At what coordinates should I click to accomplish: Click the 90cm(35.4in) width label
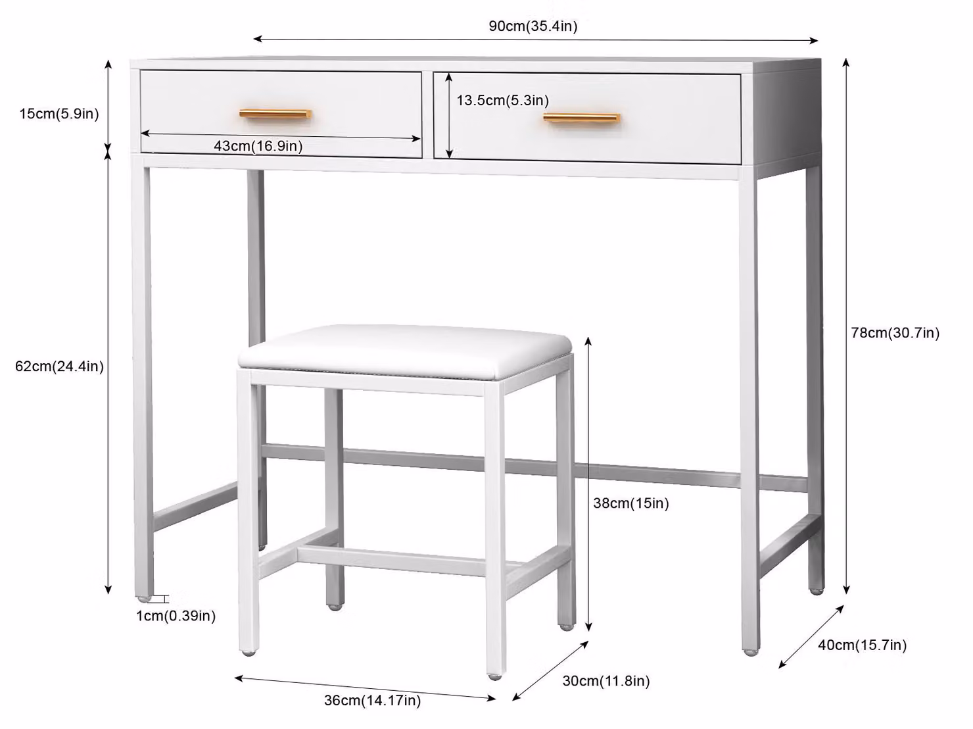pos(533,26)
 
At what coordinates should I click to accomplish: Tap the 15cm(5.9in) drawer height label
pos(59,114)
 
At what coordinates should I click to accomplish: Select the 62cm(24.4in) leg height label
pos(59,366)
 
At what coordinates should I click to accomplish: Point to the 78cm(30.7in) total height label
pos(895,332)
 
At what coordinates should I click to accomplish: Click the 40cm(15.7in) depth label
pos(862,645)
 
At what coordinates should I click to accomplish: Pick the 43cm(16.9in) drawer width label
pos(258,146)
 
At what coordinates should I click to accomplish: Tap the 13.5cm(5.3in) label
pos(503,100)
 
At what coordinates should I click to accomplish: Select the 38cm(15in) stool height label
pos(630,503)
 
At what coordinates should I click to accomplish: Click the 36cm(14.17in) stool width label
pos(372,700)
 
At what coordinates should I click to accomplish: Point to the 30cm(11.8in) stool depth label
pos(606,681)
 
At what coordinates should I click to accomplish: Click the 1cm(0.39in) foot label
pos(176,616)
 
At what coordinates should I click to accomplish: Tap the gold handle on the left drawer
pos(275,114)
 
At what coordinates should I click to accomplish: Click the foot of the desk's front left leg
pos(143,598)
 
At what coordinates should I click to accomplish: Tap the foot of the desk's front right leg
pos(751,652)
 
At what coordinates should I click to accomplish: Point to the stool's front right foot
pos(495,676)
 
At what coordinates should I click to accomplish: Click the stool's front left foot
pos(249,653)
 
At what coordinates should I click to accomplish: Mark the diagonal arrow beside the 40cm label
pos(811,636)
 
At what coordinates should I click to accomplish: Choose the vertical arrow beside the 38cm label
pos(588,484)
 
